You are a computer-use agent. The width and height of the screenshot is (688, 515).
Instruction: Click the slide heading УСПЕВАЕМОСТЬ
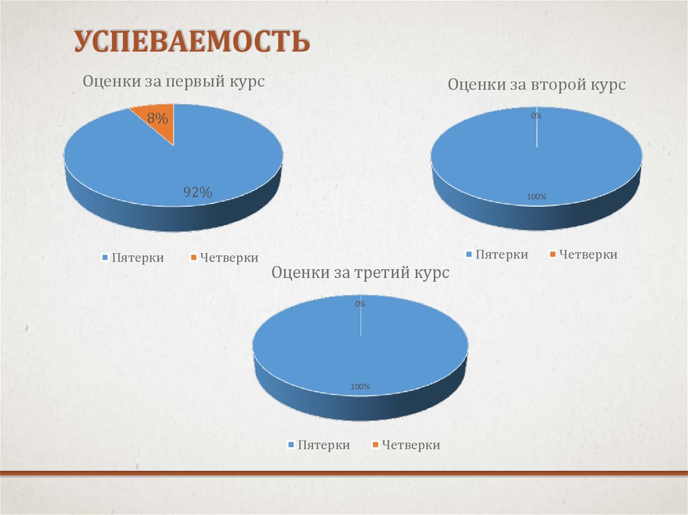click(191, 41)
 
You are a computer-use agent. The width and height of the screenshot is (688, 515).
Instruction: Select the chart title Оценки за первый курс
click(173, 81)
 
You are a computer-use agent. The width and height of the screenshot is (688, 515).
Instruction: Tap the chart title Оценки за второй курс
click(536, 85)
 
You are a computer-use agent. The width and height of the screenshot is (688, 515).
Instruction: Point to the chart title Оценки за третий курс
click(359, 273)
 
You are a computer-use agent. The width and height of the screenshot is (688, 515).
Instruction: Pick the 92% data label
click(198, 193)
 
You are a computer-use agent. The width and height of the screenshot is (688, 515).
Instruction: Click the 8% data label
click(157, 119)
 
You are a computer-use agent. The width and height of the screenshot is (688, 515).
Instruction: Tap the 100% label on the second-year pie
click(536, 197)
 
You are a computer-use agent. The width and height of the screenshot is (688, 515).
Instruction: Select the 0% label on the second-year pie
click(536, 115)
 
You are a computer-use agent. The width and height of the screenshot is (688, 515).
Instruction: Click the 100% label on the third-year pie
click(360, 387)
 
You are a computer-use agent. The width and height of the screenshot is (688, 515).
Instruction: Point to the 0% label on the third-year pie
click(360, 303)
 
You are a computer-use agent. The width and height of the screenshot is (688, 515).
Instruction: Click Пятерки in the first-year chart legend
click(137, 258)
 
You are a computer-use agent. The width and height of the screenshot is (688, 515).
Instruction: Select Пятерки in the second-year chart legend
click(501, 254)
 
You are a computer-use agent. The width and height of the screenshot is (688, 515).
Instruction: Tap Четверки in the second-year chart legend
click(588, 254)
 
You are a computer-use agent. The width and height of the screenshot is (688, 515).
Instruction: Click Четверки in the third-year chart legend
click(411, 445)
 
